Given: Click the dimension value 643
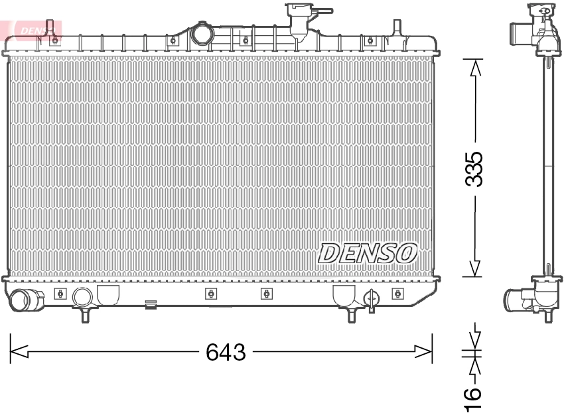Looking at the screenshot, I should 226,352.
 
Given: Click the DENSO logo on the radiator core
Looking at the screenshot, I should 367,253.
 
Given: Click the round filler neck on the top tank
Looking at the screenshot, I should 201,34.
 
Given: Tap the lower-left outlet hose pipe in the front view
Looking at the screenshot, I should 25,301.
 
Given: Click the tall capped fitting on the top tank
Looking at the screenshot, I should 296,20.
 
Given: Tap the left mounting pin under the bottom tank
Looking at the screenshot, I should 85,315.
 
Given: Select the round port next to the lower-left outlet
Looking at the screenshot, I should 82,296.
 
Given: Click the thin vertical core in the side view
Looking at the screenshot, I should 548,166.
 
